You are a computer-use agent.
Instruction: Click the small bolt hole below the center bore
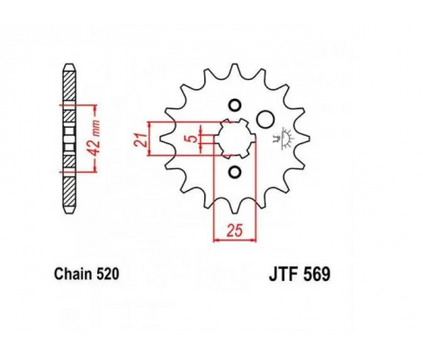(234, 172)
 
